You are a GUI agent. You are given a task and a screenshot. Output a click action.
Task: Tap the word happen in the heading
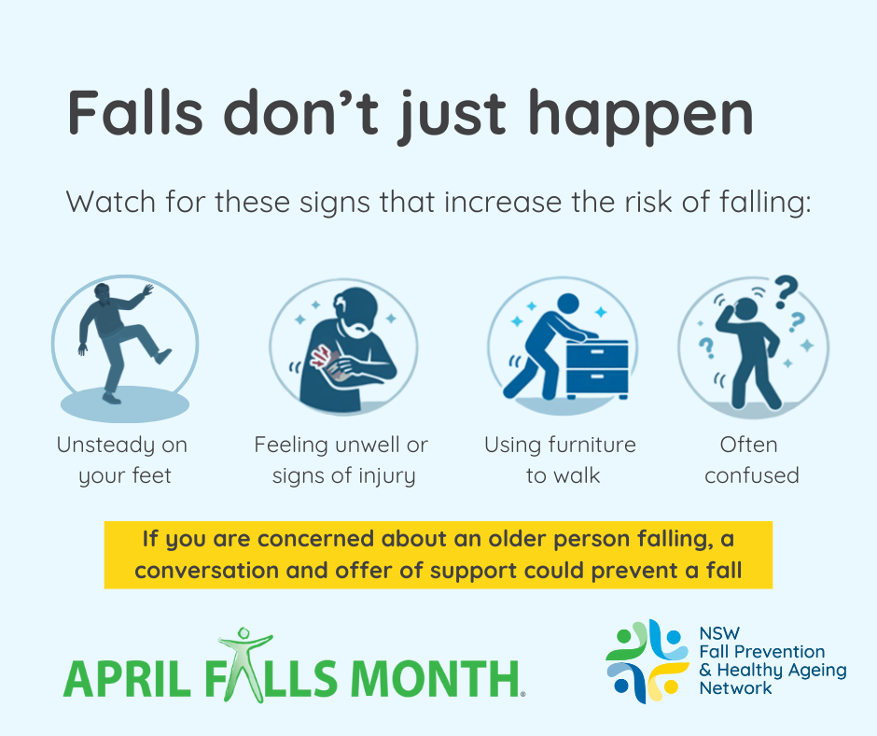(641, 118)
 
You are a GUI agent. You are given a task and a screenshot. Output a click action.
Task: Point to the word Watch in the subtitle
(111, 202)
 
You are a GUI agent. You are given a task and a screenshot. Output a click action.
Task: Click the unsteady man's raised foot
(162, 356)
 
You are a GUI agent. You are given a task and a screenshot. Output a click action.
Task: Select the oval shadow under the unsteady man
(125, 404)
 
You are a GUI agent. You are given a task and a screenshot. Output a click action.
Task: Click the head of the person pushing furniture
(568, 304)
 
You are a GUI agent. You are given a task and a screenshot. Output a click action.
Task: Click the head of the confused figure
(745, 309)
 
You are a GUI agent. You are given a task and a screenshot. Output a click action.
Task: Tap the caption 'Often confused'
(751, 460)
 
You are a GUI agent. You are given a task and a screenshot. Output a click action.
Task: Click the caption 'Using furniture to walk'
(561, 460)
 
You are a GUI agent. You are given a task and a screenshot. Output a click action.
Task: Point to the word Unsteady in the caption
(106, 446)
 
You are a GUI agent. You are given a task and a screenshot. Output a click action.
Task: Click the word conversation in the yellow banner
(207, 570)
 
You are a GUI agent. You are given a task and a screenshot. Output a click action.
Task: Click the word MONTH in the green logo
(436, 678)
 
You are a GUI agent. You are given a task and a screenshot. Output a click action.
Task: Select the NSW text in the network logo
(719, 633)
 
